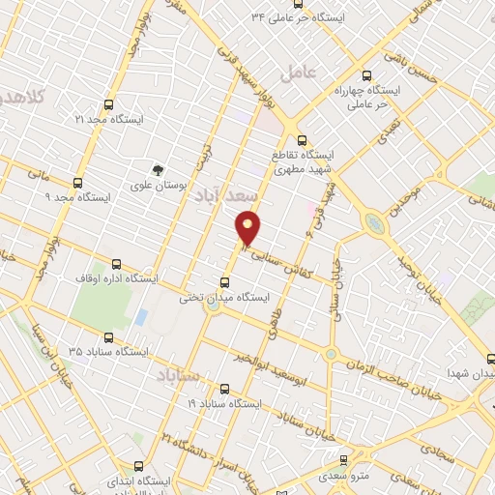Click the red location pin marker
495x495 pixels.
tap(248, 227)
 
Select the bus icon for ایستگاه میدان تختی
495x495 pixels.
tap(225, 282)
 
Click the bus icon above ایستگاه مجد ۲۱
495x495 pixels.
tap(107, 104)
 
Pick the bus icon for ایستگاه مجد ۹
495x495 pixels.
tap(77, 182)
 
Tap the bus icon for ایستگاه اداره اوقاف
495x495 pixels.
tap(117, 263)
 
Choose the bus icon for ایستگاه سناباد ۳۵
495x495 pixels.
tap(107, 338)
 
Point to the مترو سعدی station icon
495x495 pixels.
tap(341, 459)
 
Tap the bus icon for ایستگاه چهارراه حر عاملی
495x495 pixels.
tap(365, 74)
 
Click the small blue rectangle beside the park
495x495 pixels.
tap(141, 316)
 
